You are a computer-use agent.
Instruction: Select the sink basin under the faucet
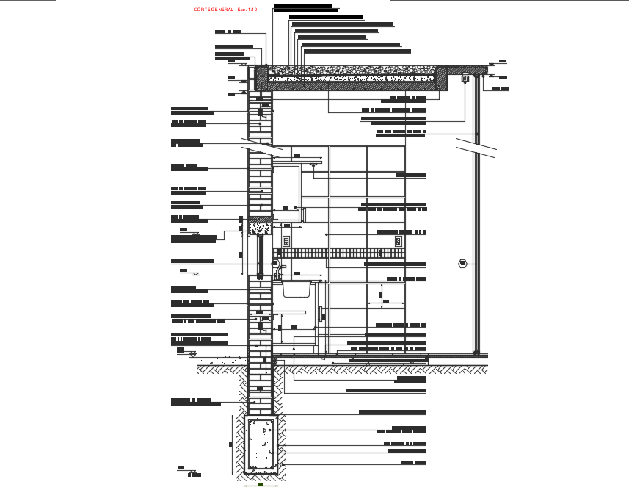click(297, 288)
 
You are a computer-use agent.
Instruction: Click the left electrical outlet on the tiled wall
click(286, 241)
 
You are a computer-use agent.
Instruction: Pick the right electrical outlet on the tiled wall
click(399, 241)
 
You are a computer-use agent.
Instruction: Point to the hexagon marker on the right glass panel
click(462, 263)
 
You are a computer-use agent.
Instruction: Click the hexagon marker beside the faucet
click(277, 262)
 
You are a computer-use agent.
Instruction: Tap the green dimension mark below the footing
click(261, 485)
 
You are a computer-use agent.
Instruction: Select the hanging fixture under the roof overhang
click(465, 79)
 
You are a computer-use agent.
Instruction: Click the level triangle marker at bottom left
click(181, 470)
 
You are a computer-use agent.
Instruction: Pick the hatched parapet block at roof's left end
click(262, 76)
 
